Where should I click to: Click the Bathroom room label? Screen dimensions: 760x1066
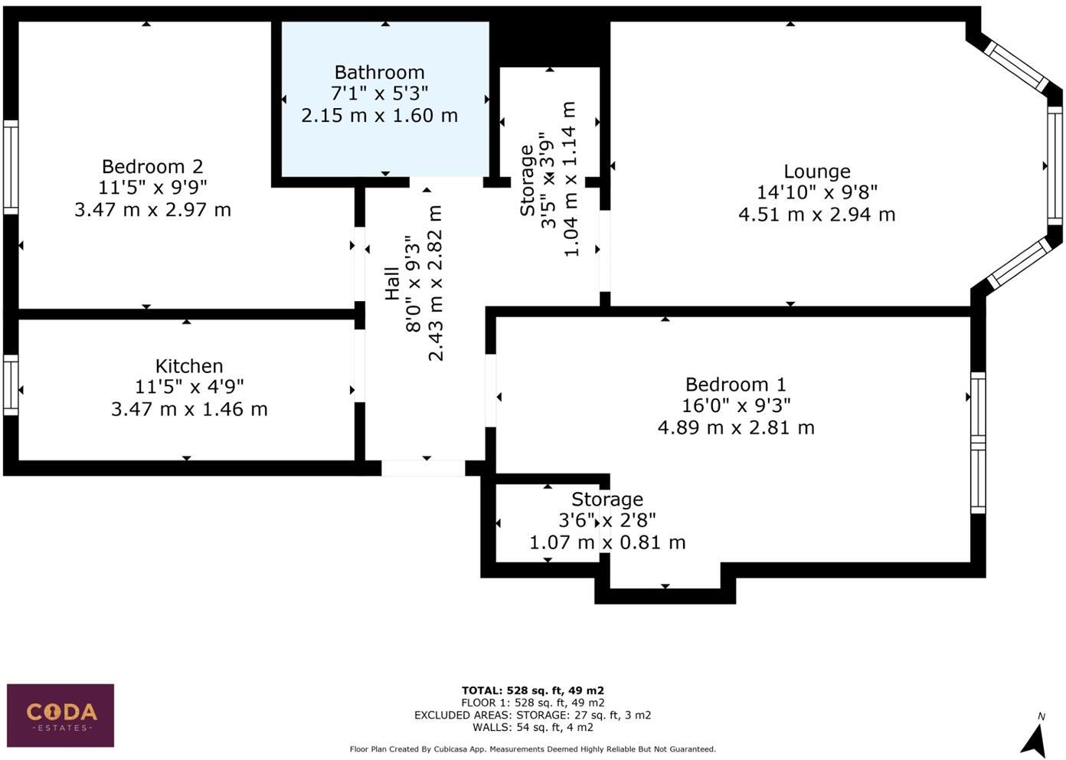click(379, 73)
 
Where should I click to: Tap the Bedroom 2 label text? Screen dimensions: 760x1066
click(152, 166)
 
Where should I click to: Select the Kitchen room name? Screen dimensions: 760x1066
click(188, 366)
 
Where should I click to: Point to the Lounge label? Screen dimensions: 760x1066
click(816, 172)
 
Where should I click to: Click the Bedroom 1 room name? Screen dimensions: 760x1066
click(735, 385)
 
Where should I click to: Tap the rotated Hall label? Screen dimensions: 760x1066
click(392, 283)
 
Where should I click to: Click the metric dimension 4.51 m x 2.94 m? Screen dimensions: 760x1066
click(816, 215)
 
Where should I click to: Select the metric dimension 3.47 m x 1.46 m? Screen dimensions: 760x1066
click(189, 409)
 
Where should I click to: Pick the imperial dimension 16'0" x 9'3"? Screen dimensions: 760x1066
click(736, 405)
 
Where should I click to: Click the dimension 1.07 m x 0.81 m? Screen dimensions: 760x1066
click(607, 542)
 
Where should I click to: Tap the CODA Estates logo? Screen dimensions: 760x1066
click(60, 715)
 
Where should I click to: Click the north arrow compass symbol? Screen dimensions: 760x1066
click(1035, 737)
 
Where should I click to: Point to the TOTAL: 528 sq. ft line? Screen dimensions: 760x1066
click(532, 690)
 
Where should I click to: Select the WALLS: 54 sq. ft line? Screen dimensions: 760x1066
click(532, 727)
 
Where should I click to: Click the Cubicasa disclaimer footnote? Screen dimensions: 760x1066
click(532, 749)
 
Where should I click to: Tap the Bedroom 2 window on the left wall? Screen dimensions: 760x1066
click(11, 166)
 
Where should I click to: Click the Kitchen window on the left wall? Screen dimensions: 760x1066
click(11, 386)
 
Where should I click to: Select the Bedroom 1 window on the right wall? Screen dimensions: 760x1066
click(978, 443)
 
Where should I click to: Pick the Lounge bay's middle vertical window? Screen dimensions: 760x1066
click(1055, 165)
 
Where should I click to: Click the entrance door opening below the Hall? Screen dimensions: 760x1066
click(423, 468)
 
